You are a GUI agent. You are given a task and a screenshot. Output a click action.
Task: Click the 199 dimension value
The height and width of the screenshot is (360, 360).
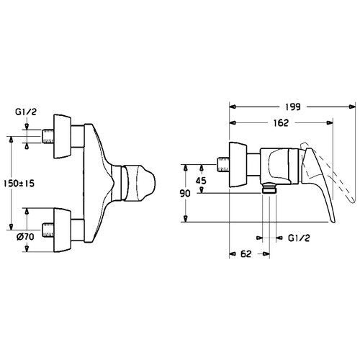pos(292,107)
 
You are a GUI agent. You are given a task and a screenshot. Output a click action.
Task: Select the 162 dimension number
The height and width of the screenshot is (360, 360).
pos(281,123)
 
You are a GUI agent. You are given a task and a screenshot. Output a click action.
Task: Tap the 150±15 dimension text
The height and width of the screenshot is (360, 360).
pos(19,184)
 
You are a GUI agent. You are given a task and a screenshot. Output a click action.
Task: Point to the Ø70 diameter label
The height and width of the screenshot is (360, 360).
pos(25,237)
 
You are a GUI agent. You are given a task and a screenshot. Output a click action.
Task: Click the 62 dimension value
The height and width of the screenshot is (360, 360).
pos(246,253)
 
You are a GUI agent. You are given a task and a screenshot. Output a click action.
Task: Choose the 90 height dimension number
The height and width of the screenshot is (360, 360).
pos(185,194)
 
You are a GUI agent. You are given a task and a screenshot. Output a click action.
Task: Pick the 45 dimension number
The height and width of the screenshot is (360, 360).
pos(201,181)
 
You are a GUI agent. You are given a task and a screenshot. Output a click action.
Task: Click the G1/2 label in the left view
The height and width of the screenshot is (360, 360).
pos(26,112)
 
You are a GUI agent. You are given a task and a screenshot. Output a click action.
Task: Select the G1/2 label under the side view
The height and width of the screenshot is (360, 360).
pos(299,238)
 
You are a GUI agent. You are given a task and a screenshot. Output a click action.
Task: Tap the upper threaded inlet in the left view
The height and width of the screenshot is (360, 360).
pos(48,137)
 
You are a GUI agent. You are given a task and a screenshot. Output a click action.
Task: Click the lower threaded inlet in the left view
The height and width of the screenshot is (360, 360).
pos(48,230)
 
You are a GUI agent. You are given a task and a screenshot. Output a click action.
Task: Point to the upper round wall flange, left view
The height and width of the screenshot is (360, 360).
pos(63,136)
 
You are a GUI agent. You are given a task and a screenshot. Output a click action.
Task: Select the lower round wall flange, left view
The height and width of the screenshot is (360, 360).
pos(63,230)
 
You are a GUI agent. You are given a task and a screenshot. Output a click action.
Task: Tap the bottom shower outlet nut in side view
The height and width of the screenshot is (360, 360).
pos(269,188)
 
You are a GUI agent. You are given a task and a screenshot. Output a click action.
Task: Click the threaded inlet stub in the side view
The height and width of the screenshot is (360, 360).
pos(223,165)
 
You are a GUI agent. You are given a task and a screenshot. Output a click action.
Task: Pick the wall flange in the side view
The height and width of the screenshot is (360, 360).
pos(238,165)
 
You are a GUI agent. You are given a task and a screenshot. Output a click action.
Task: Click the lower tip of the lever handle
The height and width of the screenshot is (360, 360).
pos(333,221)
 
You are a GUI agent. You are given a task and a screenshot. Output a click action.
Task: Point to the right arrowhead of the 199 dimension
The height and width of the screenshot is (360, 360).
pos(352,107)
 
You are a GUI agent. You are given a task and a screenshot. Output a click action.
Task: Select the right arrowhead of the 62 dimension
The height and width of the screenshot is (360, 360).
pos(266,253)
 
